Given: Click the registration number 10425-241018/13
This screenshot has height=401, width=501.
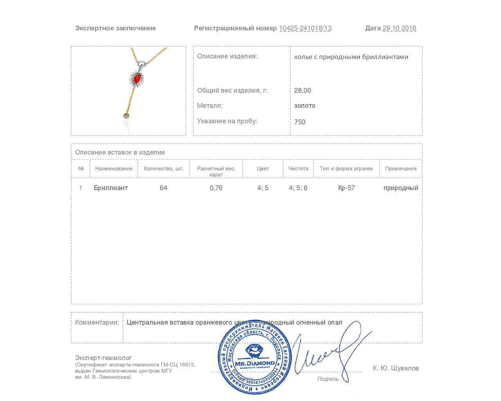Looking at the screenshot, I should coord(305,28).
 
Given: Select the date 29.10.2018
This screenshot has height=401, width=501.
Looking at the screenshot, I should coord(399,28).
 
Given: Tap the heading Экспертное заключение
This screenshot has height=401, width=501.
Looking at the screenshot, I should coord(115,28).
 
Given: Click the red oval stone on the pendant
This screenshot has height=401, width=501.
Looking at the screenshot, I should coord(137,79).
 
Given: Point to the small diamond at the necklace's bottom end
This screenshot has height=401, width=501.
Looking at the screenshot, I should coord(126,116).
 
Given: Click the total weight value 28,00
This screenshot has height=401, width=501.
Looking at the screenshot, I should coord(303,90).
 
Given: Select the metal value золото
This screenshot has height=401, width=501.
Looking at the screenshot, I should coord(305,106).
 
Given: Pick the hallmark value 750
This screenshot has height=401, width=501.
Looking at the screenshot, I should coord(299,122).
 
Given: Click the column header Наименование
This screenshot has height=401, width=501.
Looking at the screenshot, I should coord(114,168).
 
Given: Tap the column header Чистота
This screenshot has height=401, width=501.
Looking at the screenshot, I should coord(298,168).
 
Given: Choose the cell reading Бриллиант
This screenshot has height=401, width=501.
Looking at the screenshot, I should coord(111,188).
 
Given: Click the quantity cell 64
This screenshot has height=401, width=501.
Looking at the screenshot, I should coord(163,188).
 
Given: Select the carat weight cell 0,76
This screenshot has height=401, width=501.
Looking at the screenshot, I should coord(216,188).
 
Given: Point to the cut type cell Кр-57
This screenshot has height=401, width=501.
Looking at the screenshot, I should coord(346,188).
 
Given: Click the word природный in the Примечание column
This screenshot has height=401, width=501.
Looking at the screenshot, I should coord(401,188).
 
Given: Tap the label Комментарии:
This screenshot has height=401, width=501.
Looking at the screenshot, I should coord(97,322).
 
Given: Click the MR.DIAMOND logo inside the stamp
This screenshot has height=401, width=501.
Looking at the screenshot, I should coord(255,356).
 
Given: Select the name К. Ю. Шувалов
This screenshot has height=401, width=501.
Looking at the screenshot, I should coord(396,368).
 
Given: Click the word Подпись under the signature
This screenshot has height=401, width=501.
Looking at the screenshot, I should coord(328,379).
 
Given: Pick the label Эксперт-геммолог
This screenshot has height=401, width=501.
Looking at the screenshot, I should coord(103,358).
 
